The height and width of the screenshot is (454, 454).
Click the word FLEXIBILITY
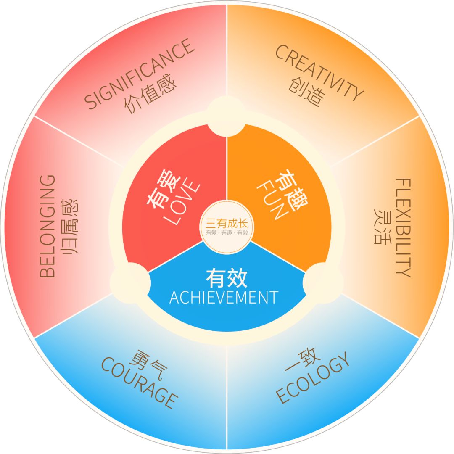404,227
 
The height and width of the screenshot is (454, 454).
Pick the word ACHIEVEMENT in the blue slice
223,297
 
